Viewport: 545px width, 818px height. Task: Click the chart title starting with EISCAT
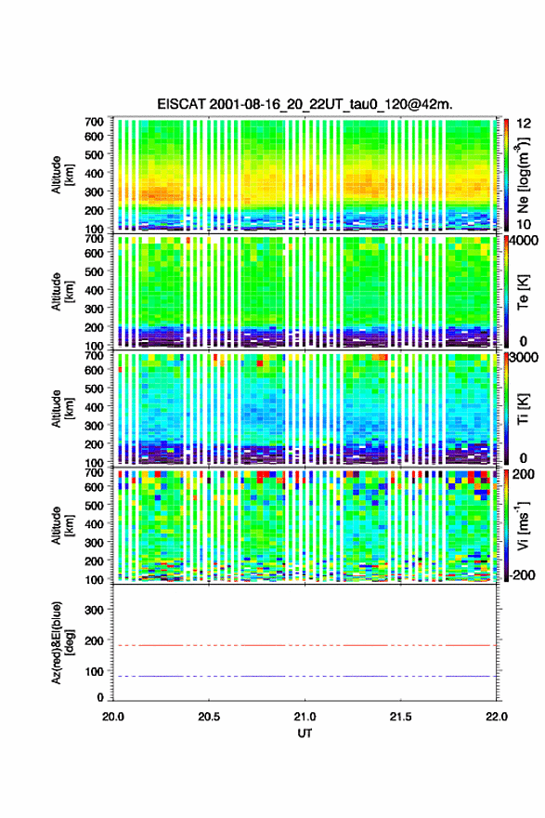tap(305, 104)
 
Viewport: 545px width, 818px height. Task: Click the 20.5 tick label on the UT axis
tap(209, 717)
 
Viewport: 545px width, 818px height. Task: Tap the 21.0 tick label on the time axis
tap(305, 717)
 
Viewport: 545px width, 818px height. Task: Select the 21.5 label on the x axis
tap(401, 717)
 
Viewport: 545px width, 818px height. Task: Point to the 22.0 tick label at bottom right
tap(496, 717)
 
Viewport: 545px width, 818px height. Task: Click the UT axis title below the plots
tap(305, 733)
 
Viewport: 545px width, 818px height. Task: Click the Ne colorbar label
tap(523, 176)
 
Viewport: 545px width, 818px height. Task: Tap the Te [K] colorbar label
tap(523, 293)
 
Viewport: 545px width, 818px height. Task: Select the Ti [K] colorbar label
tap(523, 409)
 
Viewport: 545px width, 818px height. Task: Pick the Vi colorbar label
tap(523, 525)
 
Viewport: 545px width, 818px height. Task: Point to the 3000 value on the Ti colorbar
tap(524, 358)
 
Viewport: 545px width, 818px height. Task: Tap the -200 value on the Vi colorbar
tap(522, 574)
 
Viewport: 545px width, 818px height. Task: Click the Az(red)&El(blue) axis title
tap(62, 642)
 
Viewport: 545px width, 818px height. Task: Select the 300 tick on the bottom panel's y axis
tap(95, 610)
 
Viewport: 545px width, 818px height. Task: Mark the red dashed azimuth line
tap(305, 645)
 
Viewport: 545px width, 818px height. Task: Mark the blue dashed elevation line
tap(305, 676)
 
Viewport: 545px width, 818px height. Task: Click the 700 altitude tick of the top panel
tap(95, 122)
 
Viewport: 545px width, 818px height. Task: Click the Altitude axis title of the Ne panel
tap(62, 175)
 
